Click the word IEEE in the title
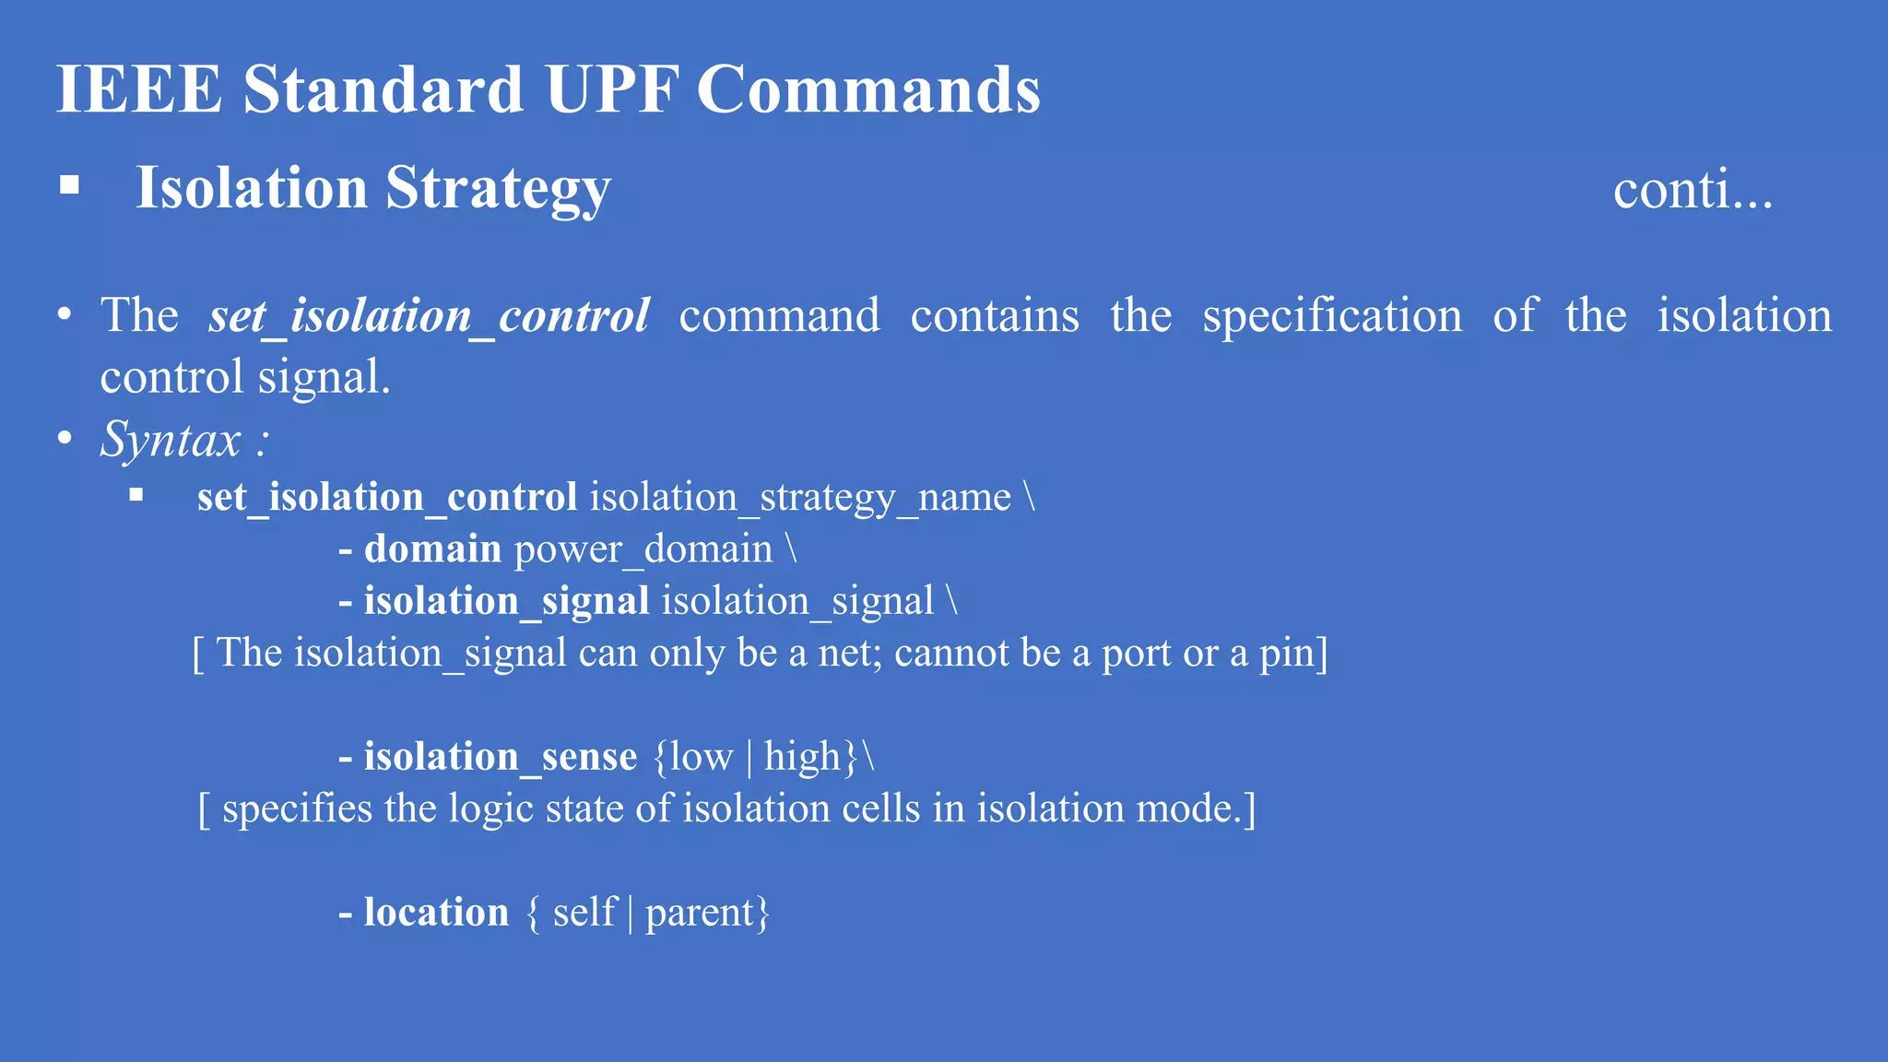139,89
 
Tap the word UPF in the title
611,89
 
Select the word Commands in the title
868,89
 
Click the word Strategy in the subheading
498,189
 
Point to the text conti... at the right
1693,190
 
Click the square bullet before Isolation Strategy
69,186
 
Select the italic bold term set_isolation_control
429,316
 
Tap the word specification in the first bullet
1332,316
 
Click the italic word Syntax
171,439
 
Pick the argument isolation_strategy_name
800,498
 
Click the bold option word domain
432,549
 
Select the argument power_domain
643,549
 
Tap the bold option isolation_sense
500,757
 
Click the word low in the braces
702,757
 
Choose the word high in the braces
802,757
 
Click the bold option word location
436,913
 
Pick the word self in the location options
584,913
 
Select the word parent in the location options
700,913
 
